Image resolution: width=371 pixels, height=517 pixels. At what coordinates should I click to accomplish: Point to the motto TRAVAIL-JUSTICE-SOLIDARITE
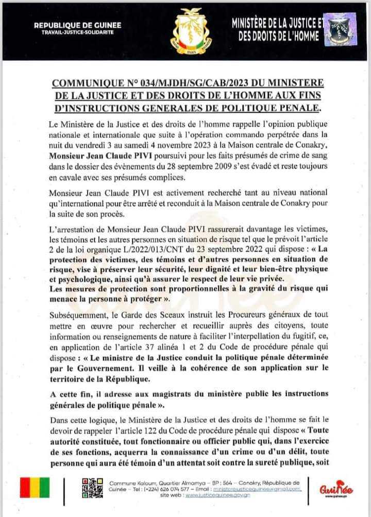[77, 32]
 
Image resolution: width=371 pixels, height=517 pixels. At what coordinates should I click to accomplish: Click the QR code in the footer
[92, 487]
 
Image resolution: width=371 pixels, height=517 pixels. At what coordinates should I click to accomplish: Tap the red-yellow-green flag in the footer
[35, 487]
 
